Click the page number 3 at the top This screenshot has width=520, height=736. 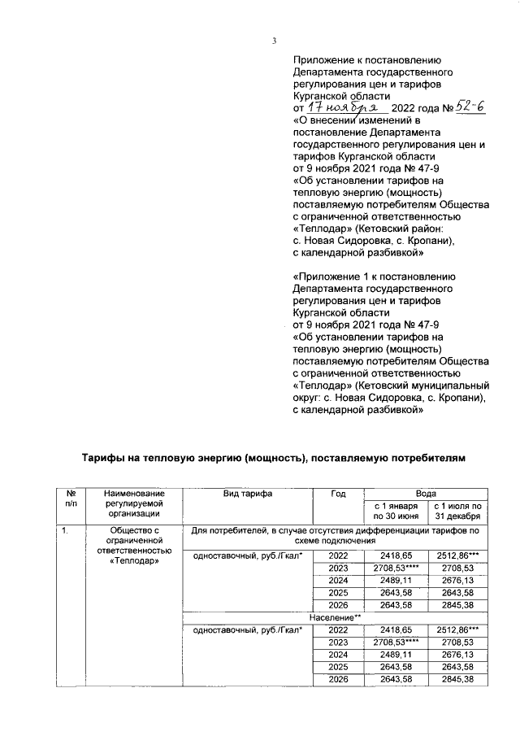(274, 41)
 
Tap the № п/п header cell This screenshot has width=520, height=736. (71, 499)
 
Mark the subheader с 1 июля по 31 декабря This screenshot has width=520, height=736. (458, 511)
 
